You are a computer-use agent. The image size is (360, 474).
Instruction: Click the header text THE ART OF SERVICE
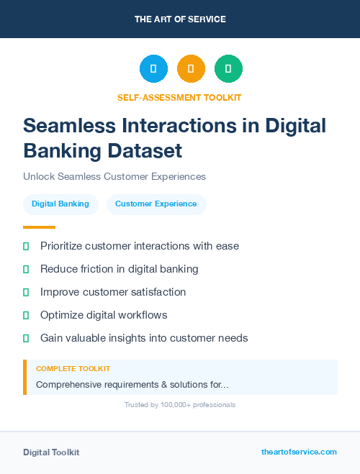(x=180, y=19)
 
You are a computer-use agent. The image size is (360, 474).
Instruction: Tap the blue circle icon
(x=153, y=69)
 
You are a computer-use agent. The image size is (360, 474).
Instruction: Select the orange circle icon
(x=191, y=69)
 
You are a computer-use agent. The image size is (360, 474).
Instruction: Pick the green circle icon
(x=228, y=69)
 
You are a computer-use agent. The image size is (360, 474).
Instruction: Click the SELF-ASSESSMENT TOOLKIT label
(x=180, y=97)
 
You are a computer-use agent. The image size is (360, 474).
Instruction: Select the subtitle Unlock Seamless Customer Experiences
(x=114, y=176)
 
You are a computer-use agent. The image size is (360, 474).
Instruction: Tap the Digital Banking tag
(x=60, y=204)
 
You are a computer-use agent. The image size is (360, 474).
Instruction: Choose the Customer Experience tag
(x=156, y=204)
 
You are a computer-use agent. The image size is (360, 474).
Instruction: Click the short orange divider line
(x=39, y=227)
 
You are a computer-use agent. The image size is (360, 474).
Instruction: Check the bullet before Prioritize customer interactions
(x=26, y=246)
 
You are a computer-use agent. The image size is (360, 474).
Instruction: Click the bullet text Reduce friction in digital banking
(x=119, y=269)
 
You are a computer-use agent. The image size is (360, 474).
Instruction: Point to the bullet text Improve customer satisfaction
(x=113, y=292)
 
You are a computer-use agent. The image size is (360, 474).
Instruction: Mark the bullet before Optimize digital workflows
(x=26, y=315)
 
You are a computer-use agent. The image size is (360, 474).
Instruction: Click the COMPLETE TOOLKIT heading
(x=73, y=368)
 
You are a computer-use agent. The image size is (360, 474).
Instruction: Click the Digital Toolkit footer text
(x=51, y=452)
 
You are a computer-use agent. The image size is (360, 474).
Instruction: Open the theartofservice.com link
(x=299, y=452)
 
